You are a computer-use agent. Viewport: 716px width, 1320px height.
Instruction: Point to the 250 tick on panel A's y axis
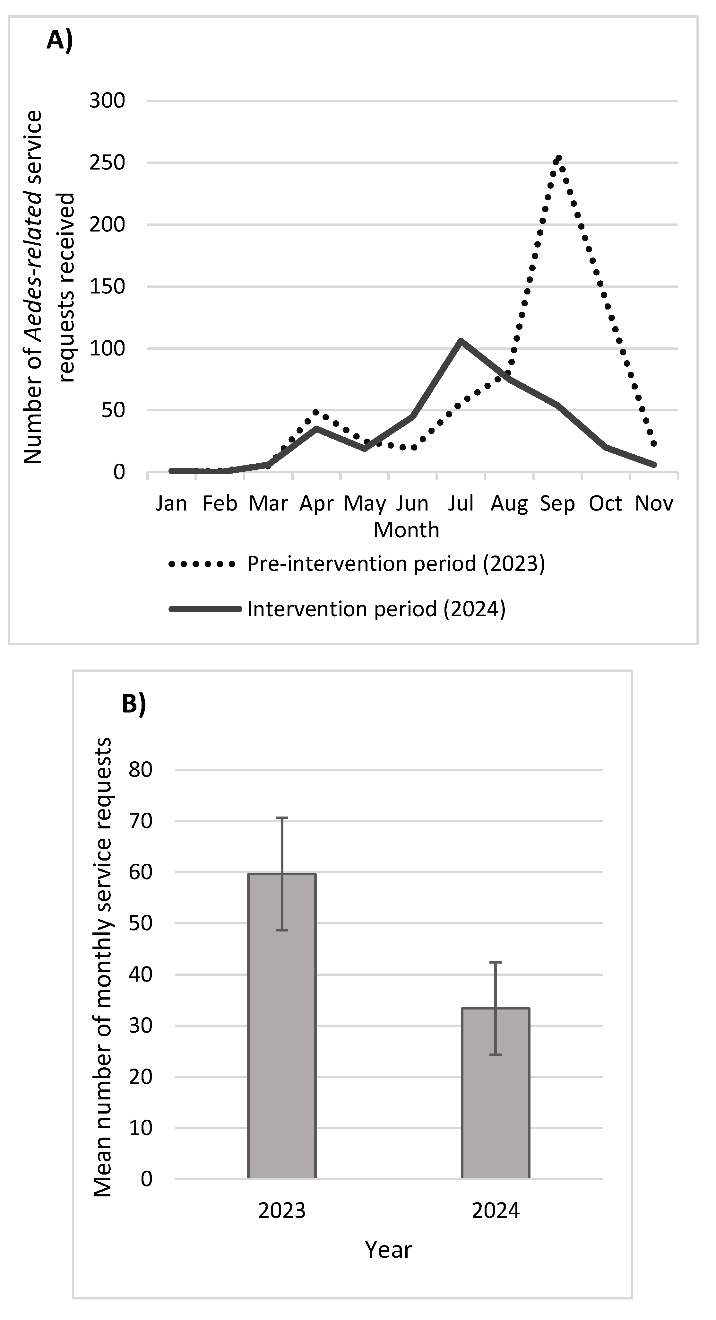pyautogui.click(x=108, y=163)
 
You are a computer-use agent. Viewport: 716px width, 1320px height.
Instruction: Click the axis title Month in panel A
pyautogui.click(x=406, y=530)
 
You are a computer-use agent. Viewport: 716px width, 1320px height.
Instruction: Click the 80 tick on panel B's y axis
pyautogui.click(x=140, y=770)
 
